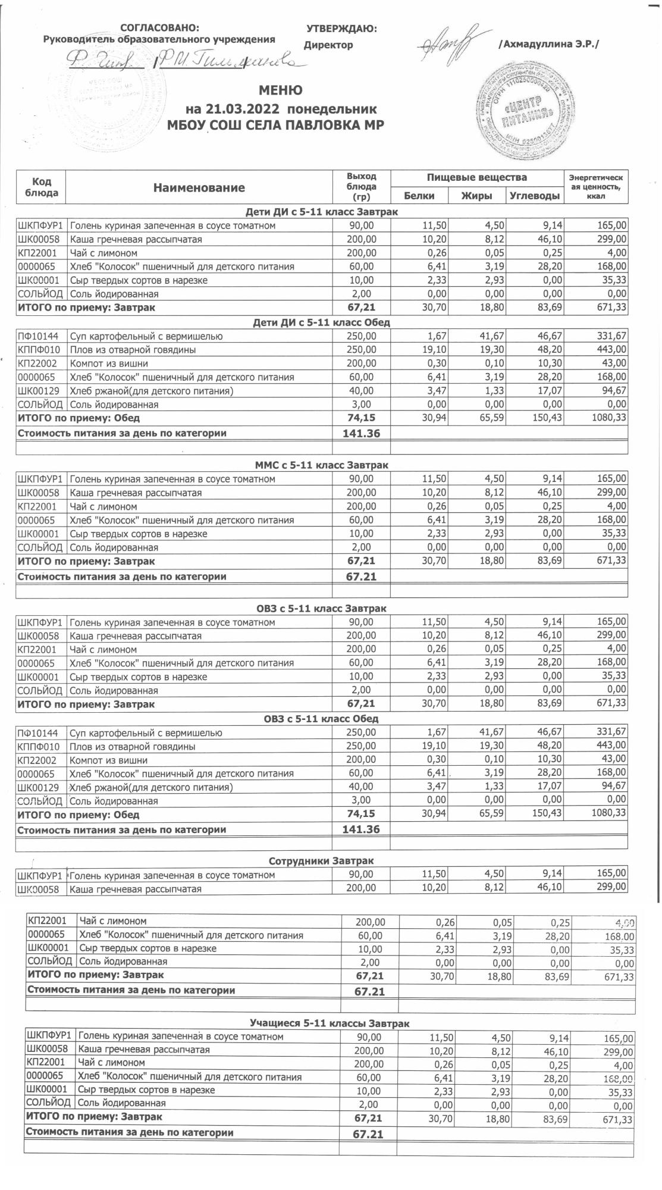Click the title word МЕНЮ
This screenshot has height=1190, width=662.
tap(280, 90)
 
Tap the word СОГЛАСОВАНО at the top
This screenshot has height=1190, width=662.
tap(160, 28)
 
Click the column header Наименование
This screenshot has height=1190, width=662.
tap(199, 188)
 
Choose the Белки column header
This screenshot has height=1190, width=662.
tap(419, 196)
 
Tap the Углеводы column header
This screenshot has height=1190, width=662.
tap(535, 196)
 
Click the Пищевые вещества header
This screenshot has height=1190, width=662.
tap(477, 177)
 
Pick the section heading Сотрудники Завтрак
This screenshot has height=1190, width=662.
tap(321, 861)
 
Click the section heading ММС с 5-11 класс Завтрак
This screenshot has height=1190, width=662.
tap(321, 465)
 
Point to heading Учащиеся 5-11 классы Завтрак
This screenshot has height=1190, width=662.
tap(330, 1023)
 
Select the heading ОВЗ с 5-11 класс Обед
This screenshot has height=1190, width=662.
tap(321, 718)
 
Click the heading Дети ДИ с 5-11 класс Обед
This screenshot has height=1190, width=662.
tap(321, 322)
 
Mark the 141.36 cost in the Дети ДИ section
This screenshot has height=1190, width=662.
tap(361, 433)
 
